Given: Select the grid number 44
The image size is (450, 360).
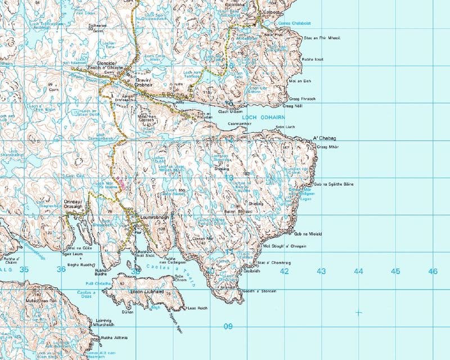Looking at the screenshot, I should click(x=358, y=271).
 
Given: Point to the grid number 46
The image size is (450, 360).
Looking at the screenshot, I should click(x=432, y=271).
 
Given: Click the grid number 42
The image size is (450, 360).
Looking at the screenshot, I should click(x=285, y=271).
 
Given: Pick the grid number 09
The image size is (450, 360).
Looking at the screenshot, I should click(x=228, y=326).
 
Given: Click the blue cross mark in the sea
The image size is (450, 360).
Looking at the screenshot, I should click(x=359, y=312).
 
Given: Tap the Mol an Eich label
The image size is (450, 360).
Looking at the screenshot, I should click(x=299, y=81).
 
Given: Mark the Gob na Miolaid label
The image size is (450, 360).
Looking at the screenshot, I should click(x=308, y=233).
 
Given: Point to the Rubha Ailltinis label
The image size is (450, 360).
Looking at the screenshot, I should click(x=114, y=337).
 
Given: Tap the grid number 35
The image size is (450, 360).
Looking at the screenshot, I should click(x=24, y=269).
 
